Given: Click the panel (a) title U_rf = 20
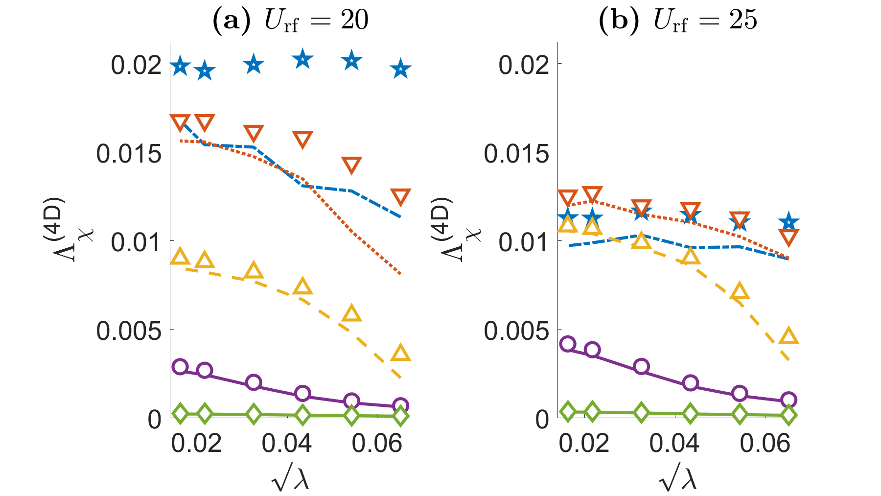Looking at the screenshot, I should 290,21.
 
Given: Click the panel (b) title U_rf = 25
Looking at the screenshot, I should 678,21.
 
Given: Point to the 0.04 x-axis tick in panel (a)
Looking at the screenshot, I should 286,444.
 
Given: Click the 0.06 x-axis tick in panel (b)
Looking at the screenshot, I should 765,444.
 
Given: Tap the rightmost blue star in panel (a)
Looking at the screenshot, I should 401,69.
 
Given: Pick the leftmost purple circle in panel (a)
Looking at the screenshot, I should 180,367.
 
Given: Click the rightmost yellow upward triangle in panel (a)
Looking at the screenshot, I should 401,353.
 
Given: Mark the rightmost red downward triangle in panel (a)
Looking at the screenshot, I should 401,197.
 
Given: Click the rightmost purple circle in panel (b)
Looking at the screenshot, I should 788,400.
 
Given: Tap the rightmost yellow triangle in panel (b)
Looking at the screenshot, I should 788,336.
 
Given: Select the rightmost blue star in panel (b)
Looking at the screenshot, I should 788,222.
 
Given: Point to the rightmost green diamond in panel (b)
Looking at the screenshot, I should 788,415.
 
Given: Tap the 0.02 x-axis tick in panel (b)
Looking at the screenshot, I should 584,444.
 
